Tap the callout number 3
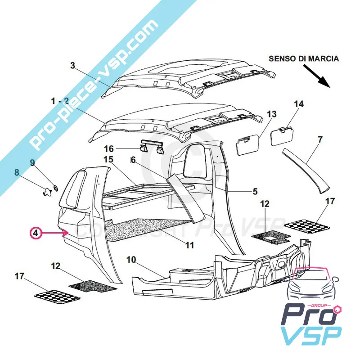(x=72, y=65)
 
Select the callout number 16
(x=109, y=148)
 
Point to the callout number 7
(x=320, y=139)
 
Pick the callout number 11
(x=190, y=246)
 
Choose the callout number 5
(x=255, y=191)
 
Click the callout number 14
(x=299, y=104)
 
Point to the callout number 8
(x=17, y=172)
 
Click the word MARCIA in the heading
(x=324, y=58)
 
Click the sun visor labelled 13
(x=247, y=144)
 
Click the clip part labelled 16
(x=151, y=147)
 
